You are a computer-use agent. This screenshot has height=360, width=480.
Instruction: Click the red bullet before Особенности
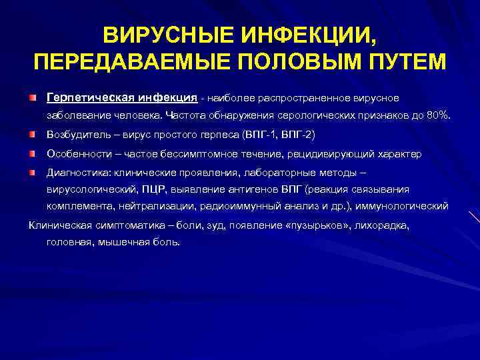33,154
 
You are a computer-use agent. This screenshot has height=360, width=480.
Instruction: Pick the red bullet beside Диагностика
33,173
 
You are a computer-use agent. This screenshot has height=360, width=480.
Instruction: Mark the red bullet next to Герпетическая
33,98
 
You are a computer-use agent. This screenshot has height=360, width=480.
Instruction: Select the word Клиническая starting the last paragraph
59,225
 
